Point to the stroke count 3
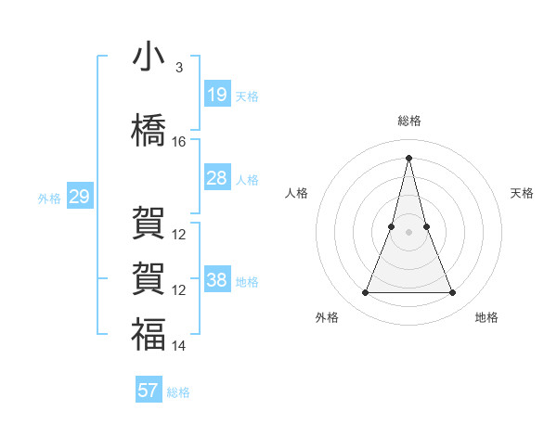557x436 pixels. [x=179, y=68]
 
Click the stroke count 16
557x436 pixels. [x=179, y=142]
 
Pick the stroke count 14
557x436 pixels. [x=179, y=346]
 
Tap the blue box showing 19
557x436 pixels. [x=217, y=95]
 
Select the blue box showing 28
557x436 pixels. [x=217, y=178]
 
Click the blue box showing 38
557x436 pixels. [x=217, y=280]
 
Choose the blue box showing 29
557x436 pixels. [x=79, y=197]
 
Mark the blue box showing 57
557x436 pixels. [x=149, y=391]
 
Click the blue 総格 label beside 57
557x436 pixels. [x=178, y=392]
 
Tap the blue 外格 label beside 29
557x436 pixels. [x=49, y=198]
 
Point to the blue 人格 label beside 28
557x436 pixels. [x=247, y=179]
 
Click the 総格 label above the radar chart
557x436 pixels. [x=408, y=121]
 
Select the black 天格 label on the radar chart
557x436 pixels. [x=523, y=193]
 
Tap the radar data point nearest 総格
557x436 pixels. [x=408, y=157]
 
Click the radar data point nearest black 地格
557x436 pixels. [x=452, y=293]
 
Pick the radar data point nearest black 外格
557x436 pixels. [x=365, y=293]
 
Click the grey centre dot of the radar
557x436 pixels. [x=408, y=232]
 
